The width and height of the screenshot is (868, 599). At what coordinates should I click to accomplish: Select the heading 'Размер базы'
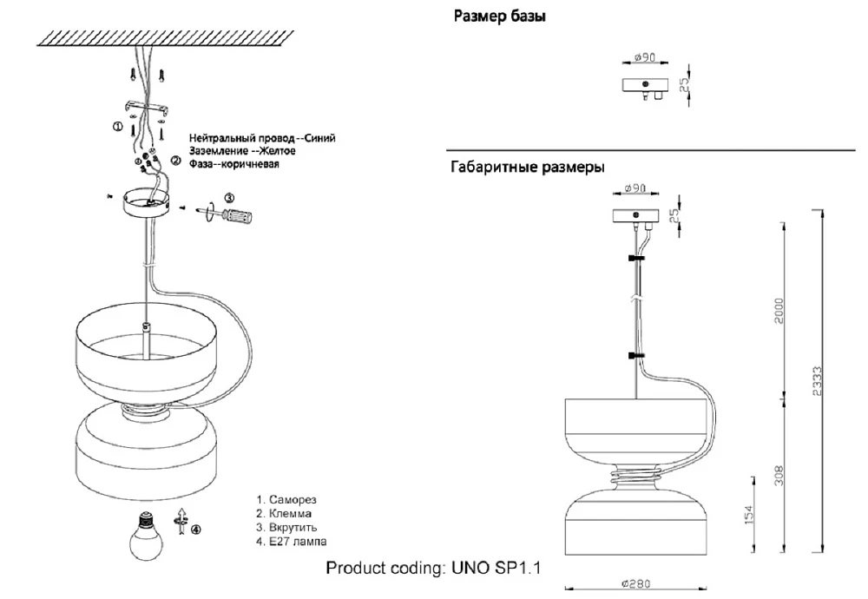(x=500, y=16)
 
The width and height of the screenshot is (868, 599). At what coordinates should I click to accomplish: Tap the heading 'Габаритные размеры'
(x=527, y=167)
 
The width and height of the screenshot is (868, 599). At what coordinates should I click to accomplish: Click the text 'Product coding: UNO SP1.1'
(x=433, y=569)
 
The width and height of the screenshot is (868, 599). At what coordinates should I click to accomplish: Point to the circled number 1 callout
(x=118, y=126)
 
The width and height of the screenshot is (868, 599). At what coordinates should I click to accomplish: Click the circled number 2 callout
(x=175, y=160)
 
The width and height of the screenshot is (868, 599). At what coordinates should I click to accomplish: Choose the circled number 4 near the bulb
(x=196, y=530)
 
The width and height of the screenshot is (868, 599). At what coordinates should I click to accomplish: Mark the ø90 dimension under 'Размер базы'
(x=644, y=57)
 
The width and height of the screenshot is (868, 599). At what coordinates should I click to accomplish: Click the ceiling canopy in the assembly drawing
(x=145, y=203)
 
